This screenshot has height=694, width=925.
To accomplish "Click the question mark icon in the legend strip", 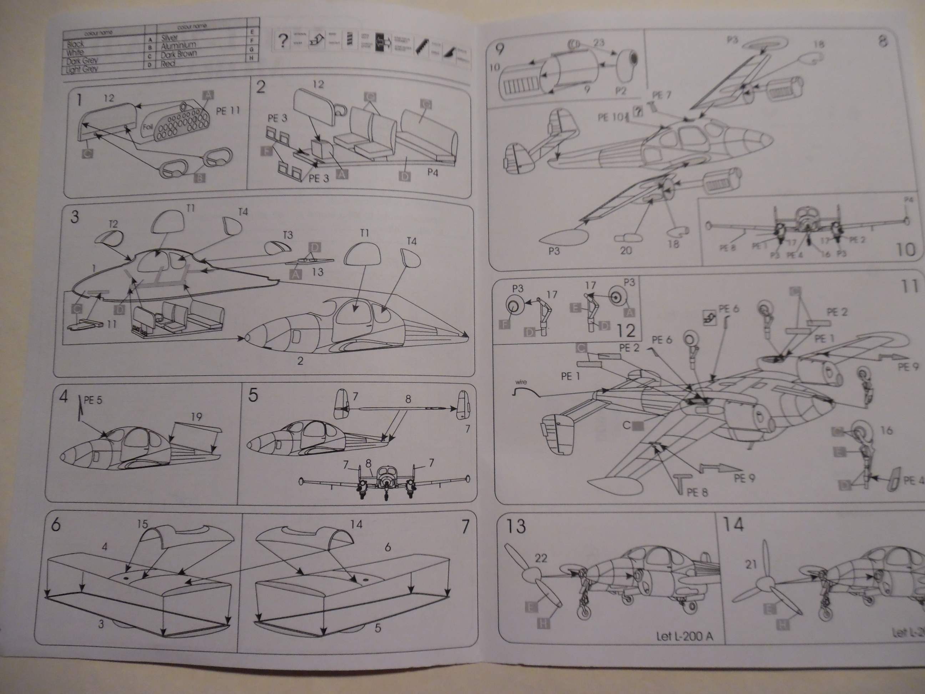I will (x=283, y=41).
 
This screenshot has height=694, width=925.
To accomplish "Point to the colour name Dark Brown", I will (x=178, y=54).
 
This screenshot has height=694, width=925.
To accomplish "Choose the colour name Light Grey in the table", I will (x=81, y=69).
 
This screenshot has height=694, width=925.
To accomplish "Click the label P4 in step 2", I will (x=433, y=172).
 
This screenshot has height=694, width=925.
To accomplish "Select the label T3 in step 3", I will (x=288, y=235).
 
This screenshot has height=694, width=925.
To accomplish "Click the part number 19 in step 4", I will (x=196, y=417).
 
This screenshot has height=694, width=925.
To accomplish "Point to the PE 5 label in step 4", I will (x=93, y=400).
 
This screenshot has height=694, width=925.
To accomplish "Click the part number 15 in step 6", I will (x=143, y=524).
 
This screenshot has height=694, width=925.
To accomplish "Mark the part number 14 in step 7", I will (x=357, y=524).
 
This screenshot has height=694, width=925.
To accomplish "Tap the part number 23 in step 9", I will (x=599, y=42).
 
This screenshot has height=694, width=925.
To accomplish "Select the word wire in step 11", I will (x=521, y=382).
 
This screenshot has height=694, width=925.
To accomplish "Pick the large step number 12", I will (x=626, y=331).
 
